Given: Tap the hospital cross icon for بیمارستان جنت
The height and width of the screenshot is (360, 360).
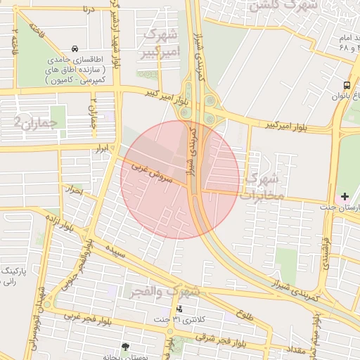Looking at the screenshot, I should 345,195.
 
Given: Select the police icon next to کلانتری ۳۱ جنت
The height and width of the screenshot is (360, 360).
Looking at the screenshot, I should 179,308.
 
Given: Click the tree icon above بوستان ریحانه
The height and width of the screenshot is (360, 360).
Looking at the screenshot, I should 125,347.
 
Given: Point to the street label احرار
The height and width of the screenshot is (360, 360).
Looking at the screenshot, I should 73,191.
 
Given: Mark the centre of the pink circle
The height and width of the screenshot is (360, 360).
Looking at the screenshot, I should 180,180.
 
